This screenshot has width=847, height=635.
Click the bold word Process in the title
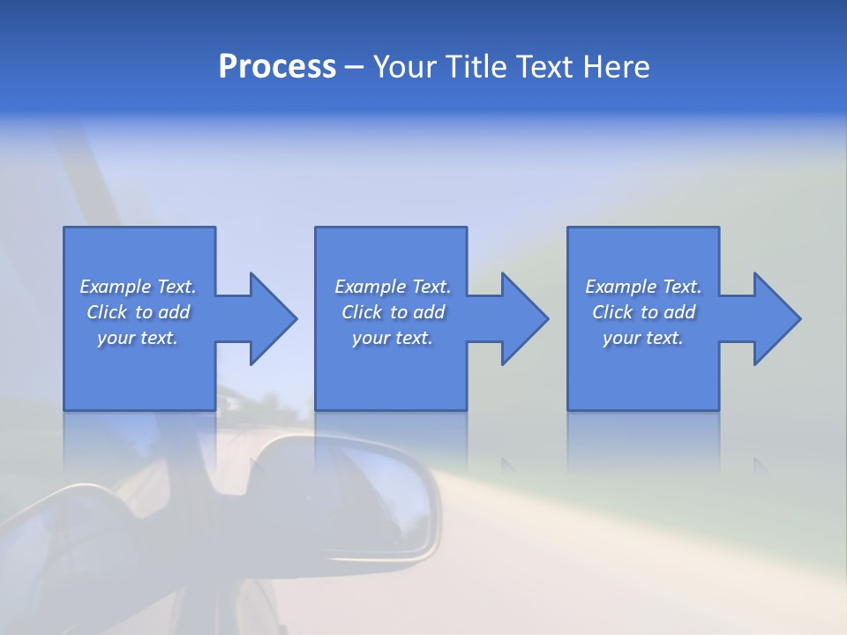(277, 67)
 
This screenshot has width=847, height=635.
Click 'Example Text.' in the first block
(138, 287)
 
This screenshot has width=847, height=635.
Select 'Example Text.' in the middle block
(393, 287)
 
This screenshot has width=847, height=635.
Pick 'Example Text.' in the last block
(643, 287)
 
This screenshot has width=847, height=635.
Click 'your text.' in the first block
(138, 338)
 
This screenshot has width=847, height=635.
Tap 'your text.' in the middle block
(393, 338)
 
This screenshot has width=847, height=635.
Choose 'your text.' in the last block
(643, 338)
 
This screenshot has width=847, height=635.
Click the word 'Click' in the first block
(106, 312)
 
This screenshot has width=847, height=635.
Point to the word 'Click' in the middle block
(361, 312)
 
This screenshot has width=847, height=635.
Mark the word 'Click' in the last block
(612, 312)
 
